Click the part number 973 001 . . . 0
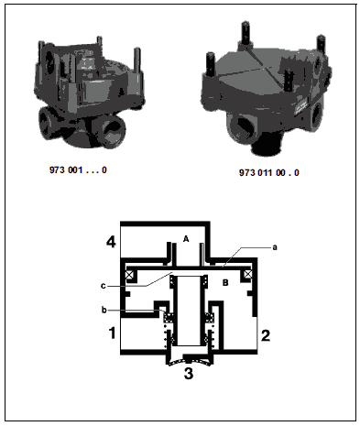(x=78, y=170)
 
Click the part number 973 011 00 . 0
(x=269, y=173)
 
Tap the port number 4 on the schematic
(x=111, y=242)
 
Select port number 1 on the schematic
(x=113, y=333)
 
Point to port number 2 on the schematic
(x=266, y=335)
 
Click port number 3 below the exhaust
(x=189, y=373)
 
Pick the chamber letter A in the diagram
(x=186, y=239)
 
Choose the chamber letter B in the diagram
(x=225, y=283)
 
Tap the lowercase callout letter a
(x=275, y=247)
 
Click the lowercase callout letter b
(x=104, y=311)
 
